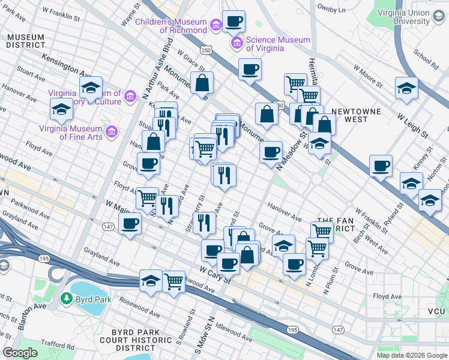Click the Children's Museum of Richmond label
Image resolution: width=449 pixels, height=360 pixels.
click(170, 22)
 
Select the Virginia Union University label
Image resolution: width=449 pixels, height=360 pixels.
click(402, 17)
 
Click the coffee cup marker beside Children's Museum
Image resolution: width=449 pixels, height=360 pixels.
click(234, 22)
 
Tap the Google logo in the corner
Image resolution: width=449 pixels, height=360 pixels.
click(20, 353)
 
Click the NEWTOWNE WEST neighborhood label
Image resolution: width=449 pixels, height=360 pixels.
click(358, 116)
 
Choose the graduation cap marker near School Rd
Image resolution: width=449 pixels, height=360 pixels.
click(406, 88)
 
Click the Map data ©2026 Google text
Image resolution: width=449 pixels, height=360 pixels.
click(411, 355)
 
